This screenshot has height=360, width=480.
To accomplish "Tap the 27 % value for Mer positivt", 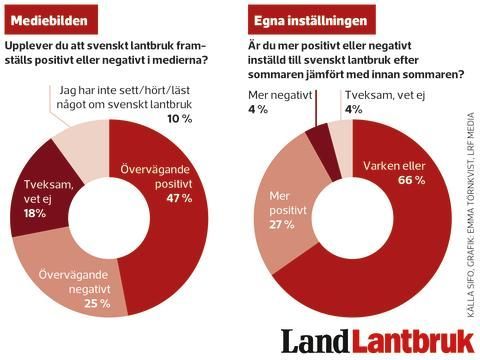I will pos(277,224).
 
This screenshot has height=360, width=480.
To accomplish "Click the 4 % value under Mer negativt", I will pos(259,110).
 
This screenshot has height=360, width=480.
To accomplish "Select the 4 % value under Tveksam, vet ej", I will pos(352,110).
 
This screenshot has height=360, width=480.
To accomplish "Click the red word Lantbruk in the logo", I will pos(411,339).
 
